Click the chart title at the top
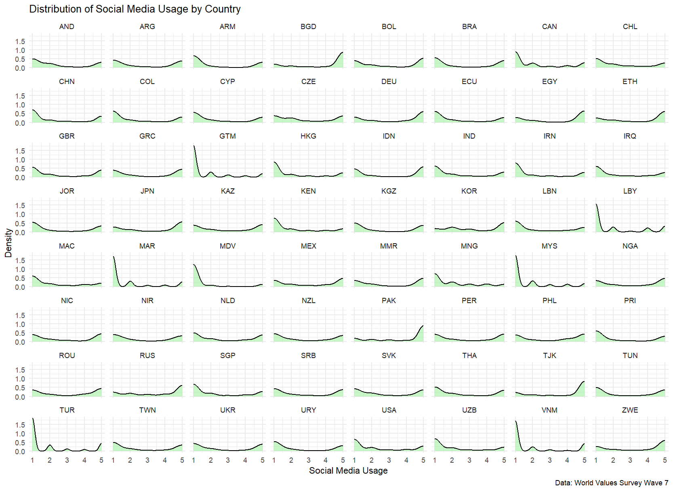[135, 9]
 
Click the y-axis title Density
[8, 243]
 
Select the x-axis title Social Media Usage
[348, 470]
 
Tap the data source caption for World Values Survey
[611, 483]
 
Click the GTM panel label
[227, 136]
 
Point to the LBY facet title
[630, 191]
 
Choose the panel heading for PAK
[389, 301]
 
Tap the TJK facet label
[549, 356]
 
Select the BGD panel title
[308, 27]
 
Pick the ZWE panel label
[630, 410]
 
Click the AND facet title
[67, 27]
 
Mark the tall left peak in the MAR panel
[114, 257]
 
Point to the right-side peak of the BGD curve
[342, 53]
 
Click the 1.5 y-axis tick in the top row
[20, 41]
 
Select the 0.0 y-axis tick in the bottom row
[20, 451]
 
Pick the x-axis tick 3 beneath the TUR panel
[67, 460]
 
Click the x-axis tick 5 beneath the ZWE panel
[665, 460]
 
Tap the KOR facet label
[469, 191]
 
